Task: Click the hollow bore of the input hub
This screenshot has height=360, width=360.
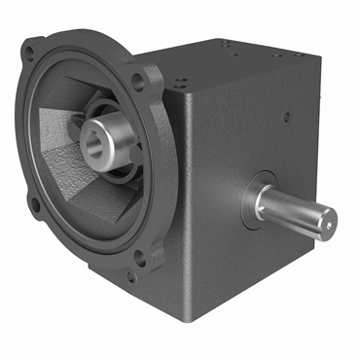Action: pos(97,136)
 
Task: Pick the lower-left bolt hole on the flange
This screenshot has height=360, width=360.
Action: pos(35,205)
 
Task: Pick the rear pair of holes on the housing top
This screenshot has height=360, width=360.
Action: pos(228,44)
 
